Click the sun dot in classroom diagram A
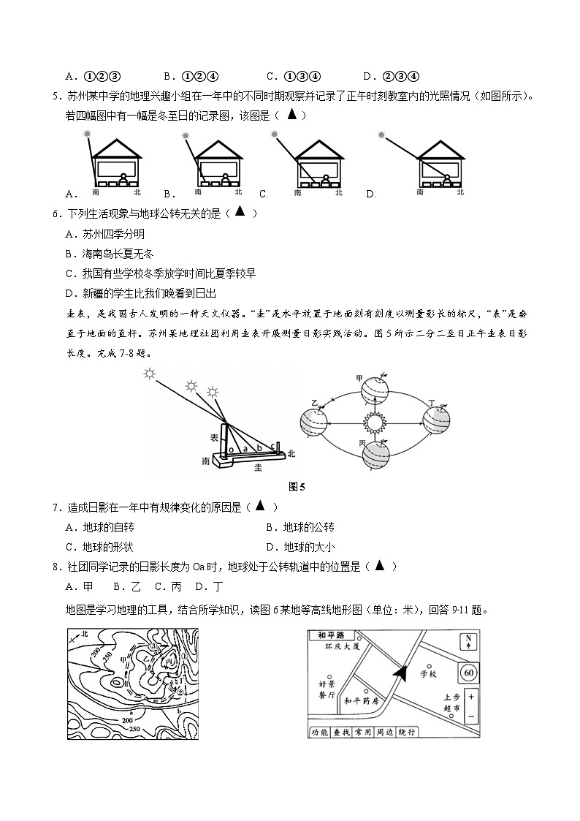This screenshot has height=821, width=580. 87,134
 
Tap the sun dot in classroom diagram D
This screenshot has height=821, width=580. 381,135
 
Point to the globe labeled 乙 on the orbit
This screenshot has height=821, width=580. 315,422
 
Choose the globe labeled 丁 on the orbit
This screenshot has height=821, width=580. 437,422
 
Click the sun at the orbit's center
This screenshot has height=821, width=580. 375,422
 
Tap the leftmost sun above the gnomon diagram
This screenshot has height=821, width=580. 150,374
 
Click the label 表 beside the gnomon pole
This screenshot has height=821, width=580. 214,436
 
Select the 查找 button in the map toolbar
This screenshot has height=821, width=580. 342,731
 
